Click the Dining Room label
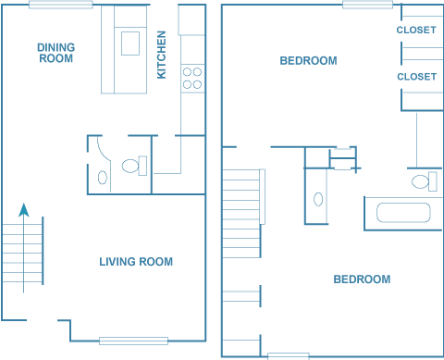56,53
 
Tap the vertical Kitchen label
162,55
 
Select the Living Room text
136,262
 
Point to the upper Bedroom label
308,60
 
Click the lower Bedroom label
362,279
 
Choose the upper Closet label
416,30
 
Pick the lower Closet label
417,77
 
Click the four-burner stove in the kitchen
192,78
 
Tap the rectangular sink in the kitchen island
130,43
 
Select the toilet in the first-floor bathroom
134,166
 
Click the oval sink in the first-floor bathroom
103,178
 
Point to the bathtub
403,213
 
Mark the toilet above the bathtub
425,181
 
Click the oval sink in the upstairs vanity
318,199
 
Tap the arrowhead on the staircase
24,210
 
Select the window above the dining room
61,5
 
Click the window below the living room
133,341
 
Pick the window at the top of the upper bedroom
367,5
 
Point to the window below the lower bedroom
289,356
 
